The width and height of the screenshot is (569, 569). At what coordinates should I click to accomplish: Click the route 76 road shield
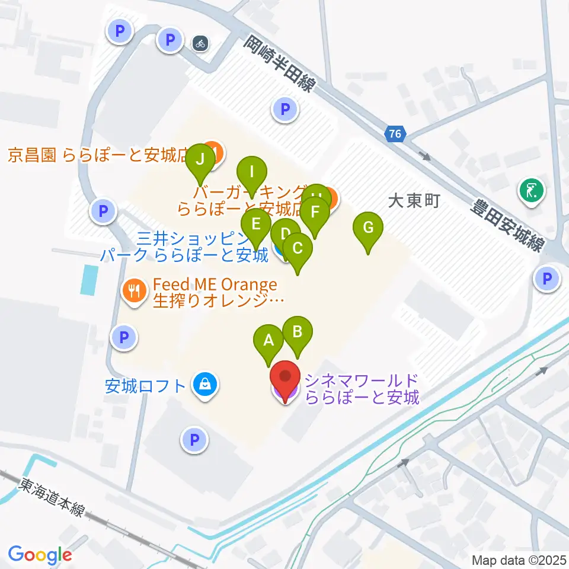395,135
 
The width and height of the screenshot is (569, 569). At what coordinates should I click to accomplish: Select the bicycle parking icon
200,43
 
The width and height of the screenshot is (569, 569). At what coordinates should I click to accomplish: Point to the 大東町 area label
414,202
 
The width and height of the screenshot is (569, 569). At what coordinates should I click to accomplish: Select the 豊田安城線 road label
506,225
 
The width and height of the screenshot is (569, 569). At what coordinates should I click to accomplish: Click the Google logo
40,555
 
